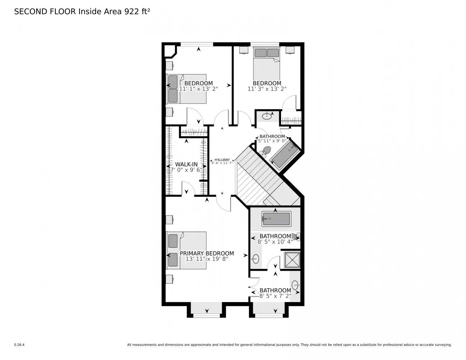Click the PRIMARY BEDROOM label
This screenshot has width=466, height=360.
(207, 253)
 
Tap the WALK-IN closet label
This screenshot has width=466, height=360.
(186, 165)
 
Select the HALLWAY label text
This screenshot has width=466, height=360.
(222, 160)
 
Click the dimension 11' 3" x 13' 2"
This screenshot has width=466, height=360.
(267, 89)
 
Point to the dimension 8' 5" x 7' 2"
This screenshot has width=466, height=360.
(275, 296)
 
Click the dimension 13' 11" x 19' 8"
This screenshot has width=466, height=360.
(207, 259)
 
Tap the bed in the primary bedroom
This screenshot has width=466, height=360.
(186, 250)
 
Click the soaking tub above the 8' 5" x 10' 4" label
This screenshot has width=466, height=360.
(276, 219)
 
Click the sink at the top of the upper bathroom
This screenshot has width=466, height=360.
(267, 116)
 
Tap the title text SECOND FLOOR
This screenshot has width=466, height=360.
(45, 12)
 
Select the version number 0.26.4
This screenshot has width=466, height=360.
(19, 345)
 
